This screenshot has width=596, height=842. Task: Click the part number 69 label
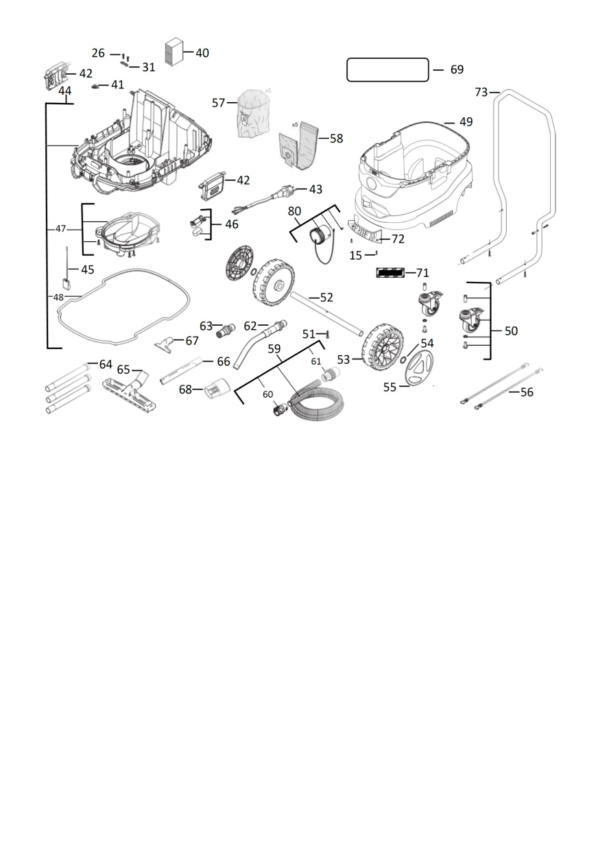coord(457,69)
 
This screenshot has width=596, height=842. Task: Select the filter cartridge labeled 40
coord(174,52)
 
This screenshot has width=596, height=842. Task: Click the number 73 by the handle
coord(481,92)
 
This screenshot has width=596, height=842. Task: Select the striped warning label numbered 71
coord(390,272)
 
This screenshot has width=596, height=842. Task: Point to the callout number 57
coord(218,103)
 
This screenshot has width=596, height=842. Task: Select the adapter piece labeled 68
coord(215,389)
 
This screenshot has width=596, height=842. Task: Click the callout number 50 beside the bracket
coord(511,330)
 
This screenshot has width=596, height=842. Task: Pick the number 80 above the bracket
coord(294,211)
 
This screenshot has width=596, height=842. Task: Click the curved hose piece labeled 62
coord(259,344)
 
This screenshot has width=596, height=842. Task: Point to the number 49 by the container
coord(466,122)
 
